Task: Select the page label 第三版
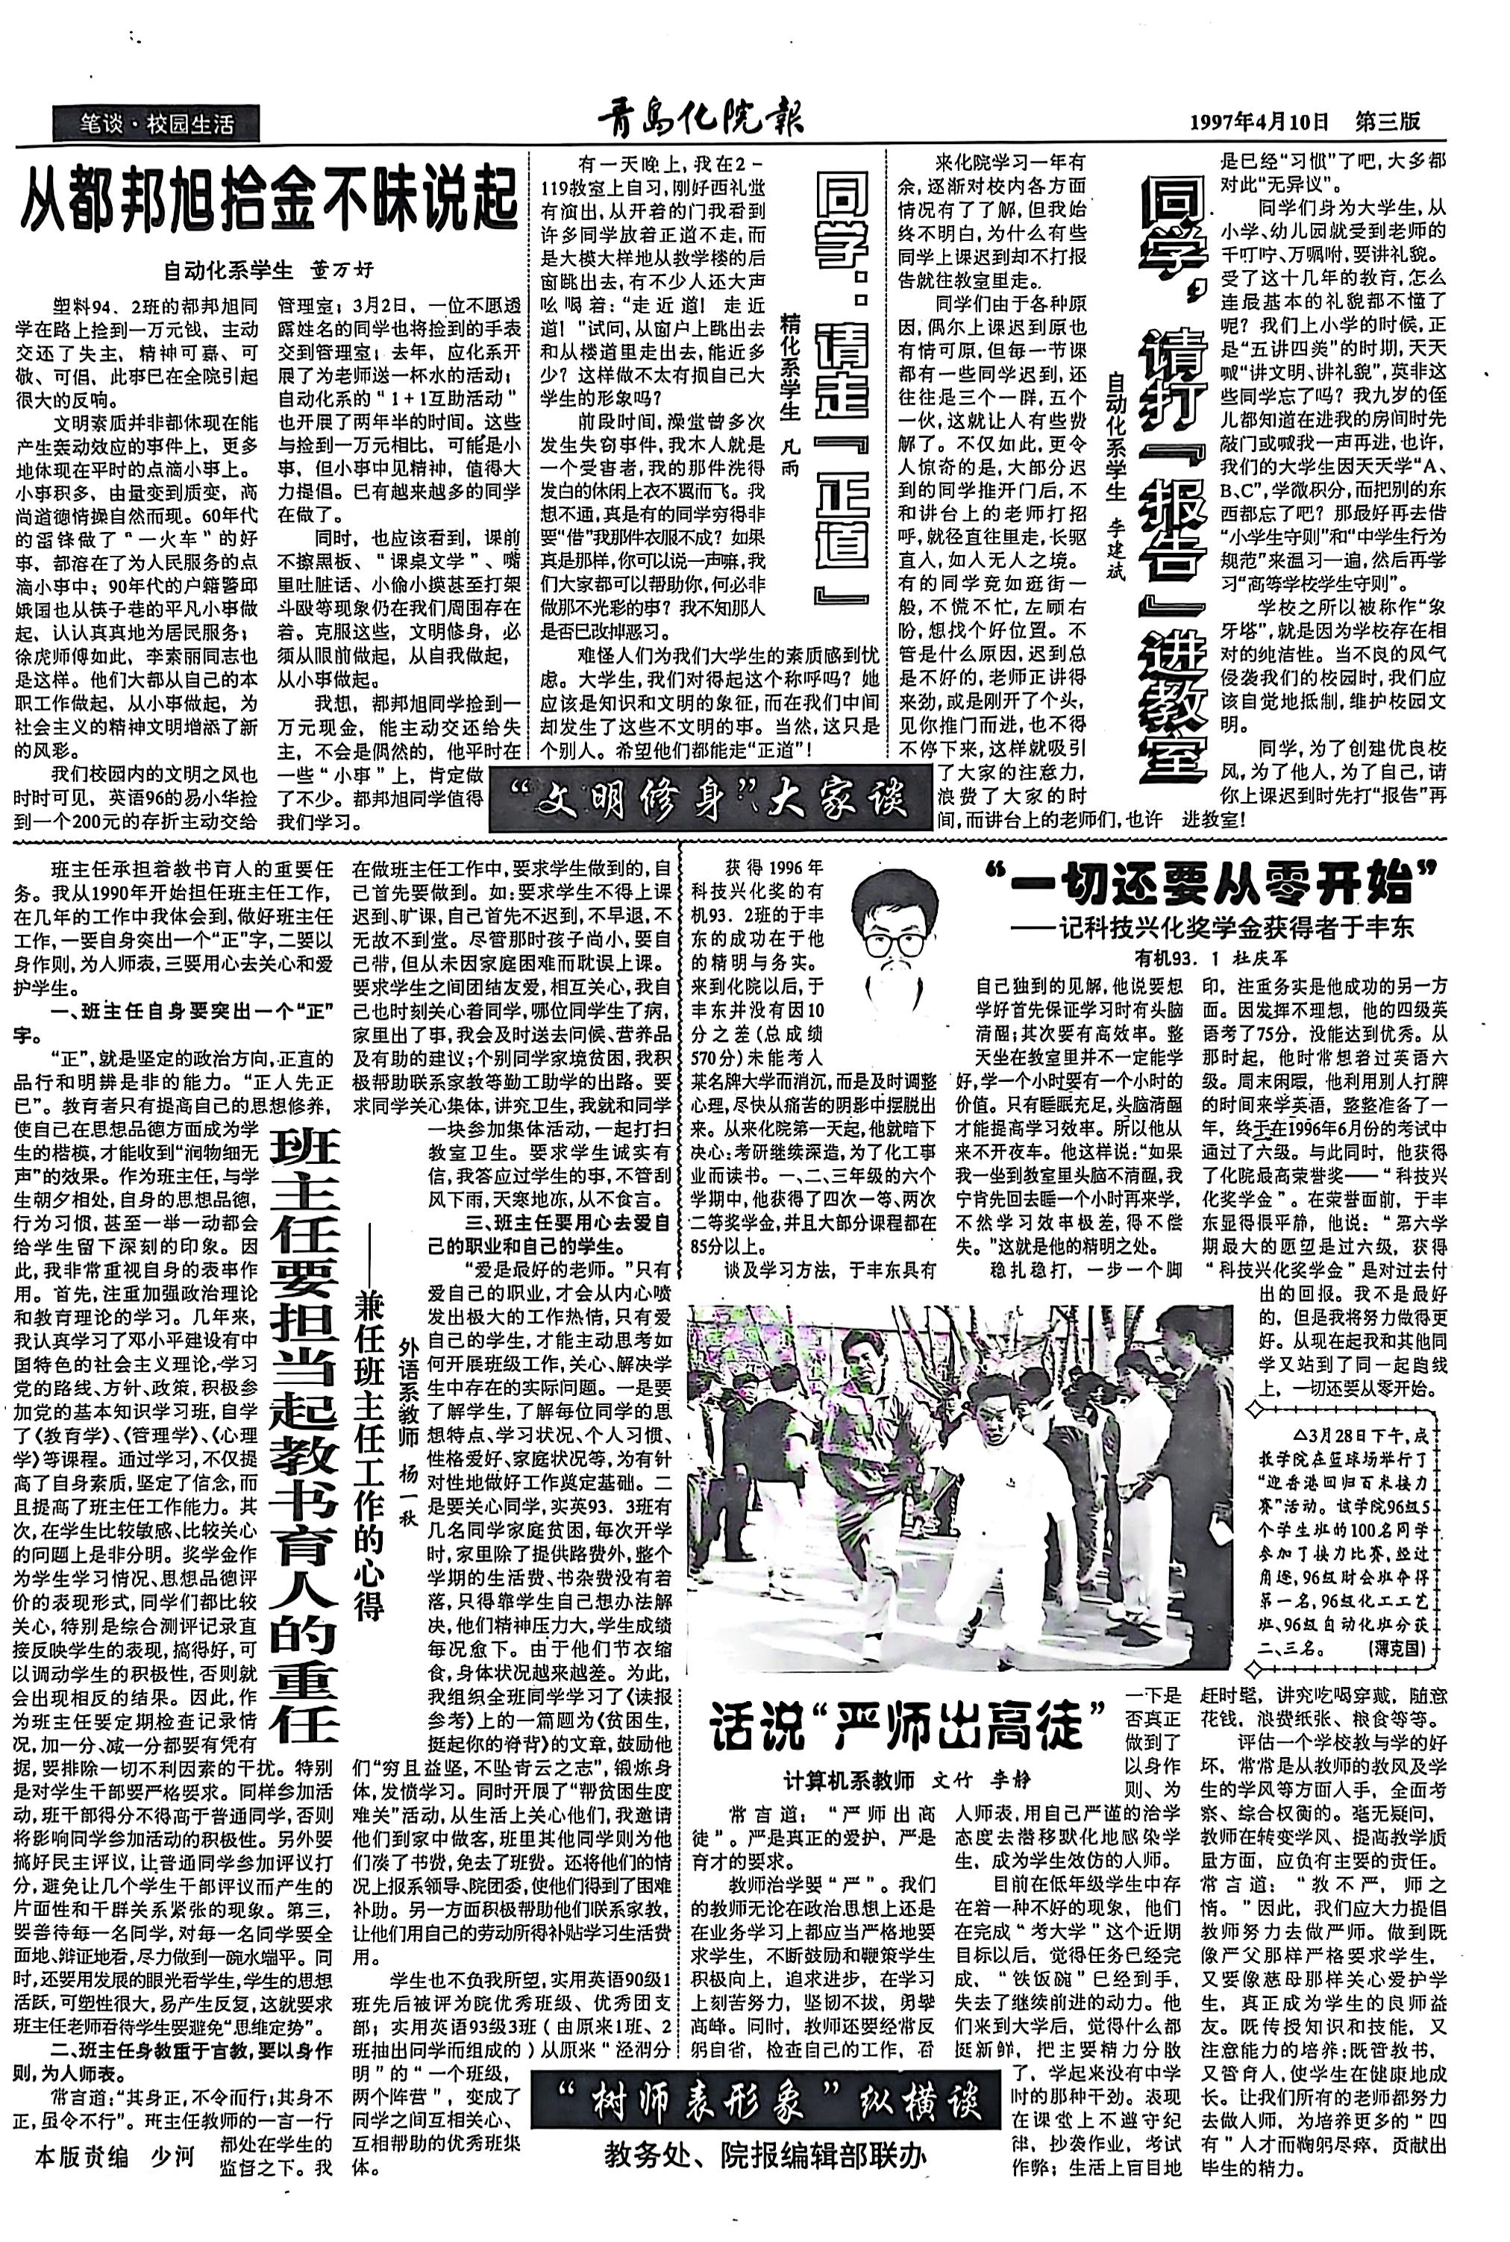(1388, 122)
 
